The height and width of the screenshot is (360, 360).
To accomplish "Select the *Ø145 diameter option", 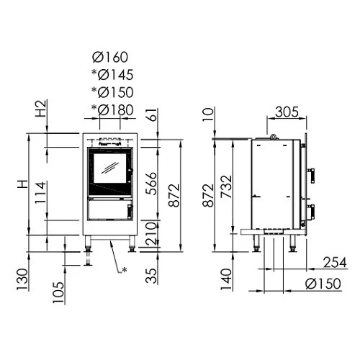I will (112, 75).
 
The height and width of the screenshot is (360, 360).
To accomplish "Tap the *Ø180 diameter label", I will (112, 109).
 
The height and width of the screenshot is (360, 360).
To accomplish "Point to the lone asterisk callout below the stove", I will (124, 270).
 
